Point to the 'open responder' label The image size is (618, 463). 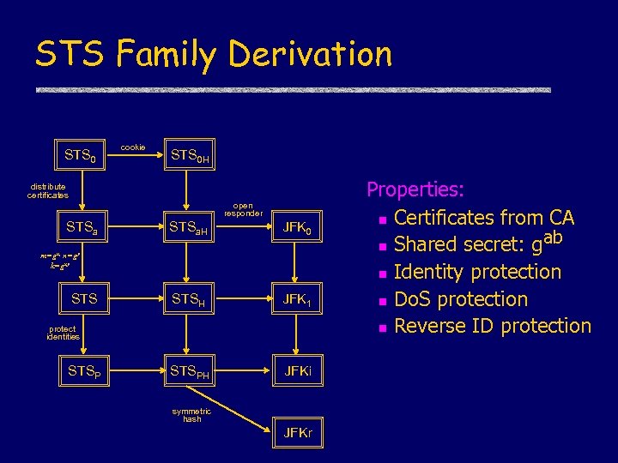coord(247,208)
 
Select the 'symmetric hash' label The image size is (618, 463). coord(191,415)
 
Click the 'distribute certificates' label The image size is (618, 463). coord(47,190)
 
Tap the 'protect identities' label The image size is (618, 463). coord(63,333)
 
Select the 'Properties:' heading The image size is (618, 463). coord(415,189)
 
